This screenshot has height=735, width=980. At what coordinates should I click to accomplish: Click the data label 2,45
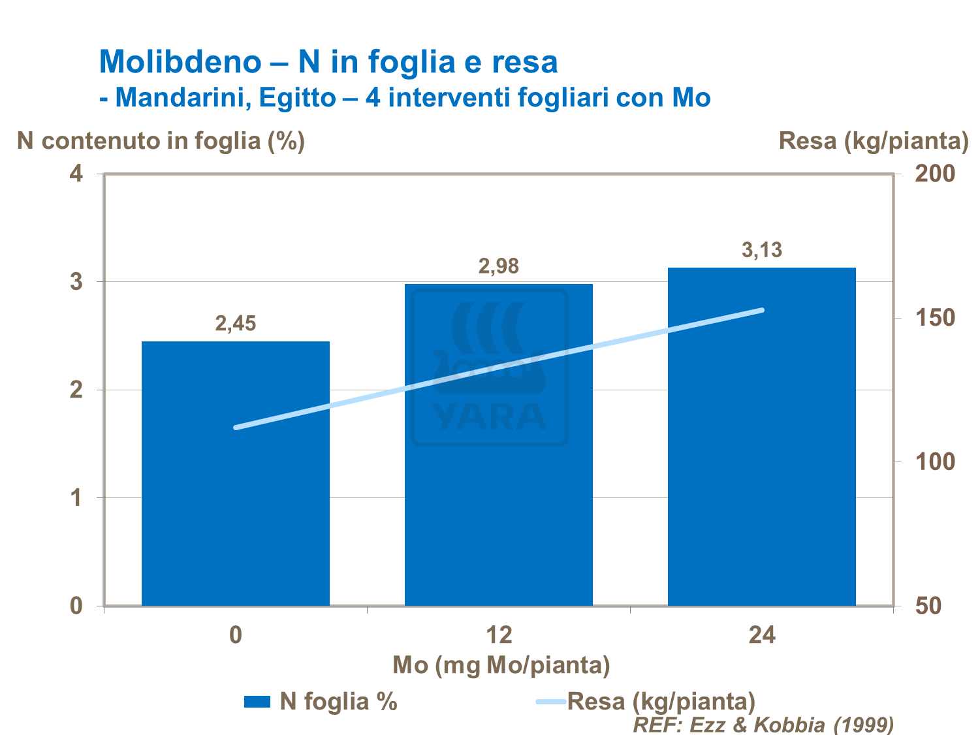click(236, 323)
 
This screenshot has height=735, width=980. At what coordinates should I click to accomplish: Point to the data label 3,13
click(762, 250)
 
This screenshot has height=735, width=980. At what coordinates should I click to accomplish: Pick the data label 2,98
click(499, 266)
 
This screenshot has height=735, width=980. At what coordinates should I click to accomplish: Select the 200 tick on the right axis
click(935, 174)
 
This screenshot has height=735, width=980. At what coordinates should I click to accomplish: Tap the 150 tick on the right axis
click(935, 318)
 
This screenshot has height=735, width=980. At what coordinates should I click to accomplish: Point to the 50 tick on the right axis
click(928, 606)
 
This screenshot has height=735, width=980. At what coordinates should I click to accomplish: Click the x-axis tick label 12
click(499, 635)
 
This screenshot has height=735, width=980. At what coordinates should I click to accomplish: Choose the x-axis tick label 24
click(762, 635)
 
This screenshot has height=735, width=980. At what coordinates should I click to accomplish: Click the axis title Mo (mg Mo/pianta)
click(501, 665)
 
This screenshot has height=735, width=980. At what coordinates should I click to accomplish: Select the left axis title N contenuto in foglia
click(161, 140)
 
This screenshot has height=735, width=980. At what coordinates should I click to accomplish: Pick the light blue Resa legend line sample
click(550, 702)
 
